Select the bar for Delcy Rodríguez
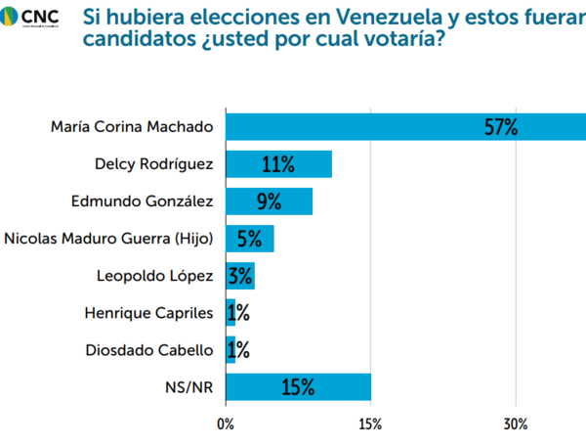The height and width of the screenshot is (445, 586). [278, 164]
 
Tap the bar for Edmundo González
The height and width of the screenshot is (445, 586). [269, 201]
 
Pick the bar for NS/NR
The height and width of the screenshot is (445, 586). [298, 387]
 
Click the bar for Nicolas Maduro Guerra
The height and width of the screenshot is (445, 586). [249, 239]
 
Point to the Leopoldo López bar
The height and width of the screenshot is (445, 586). [240, 276]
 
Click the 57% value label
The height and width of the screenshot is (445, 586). [500, 127]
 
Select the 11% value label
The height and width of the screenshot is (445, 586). [278, 164]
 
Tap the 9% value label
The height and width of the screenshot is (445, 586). [269, 201]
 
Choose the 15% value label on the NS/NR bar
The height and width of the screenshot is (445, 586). [298, 387]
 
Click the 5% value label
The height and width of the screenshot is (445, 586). [250, 239]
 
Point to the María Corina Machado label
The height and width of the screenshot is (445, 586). [131, 127]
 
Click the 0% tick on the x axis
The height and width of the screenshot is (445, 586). [226, 424]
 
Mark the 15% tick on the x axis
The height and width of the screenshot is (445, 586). [370, 424]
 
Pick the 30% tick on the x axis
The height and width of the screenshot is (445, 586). [516, 424]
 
